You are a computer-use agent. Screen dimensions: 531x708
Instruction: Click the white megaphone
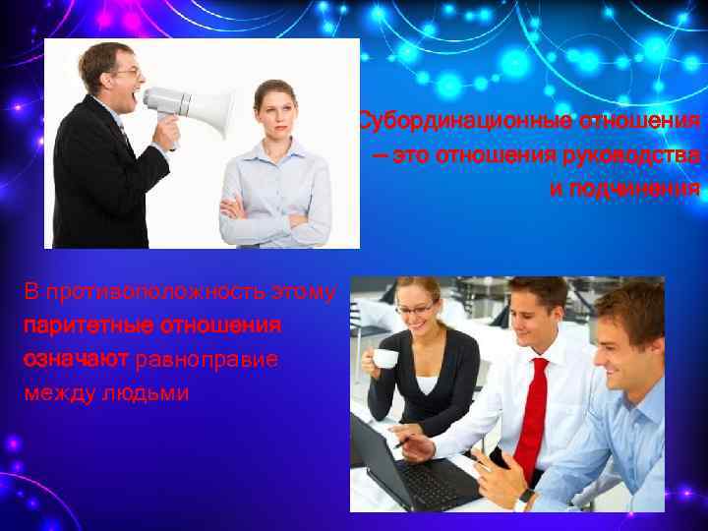tap(193, 103)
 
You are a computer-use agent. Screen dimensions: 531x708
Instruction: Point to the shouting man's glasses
tap(128, 72)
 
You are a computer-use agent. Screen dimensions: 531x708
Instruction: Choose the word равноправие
tap(206, 359)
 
